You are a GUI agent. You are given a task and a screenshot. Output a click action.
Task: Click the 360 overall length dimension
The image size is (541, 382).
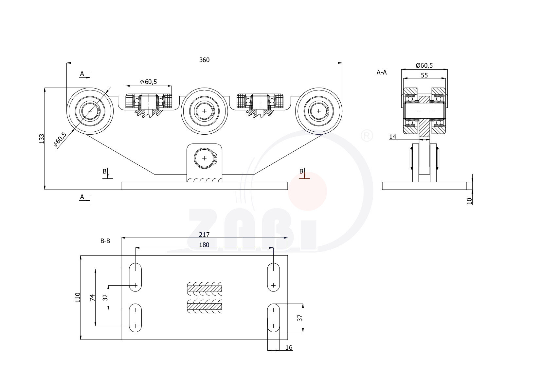pyautogui.click(x=204, y=60)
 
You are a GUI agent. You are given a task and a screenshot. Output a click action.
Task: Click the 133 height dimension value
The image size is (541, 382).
pyautogui.click(x=42, y=139)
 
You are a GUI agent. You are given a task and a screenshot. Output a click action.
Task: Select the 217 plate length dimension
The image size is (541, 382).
pyautogui.click(x=204, y=235)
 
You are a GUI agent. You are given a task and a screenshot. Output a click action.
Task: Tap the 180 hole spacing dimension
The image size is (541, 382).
pyautogui.click(x=204, y=245)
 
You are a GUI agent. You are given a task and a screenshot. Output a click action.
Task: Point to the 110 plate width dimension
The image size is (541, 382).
pyautogui.click(x=78, y=297)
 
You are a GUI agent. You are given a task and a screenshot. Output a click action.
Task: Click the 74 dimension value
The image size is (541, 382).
pyautogui.click(x=92, y=297)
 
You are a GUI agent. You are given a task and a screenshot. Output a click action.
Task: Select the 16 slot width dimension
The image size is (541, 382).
pyautogui.click(x=289, y=348)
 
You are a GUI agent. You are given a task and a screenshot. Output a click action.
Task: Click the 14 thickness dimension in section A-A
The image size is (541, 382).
pyautogui.click(x=393, y=137)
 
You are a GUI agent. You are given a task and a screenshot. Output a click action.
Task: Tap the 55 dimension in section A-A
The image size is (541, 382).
pyautogui.click(x=424, y=75)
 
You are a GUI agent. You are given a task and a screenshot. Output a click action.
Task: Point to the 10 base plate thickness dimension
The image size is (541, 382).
pyautogui.click(x=470, y=201)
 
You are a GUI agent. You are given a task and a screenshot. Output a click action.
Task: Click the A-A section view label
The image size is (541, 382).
pyautogui.click(x=382, y=73)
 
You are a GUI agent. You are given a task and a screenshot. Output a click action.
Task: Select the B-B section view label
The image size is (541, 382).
pyautogui.click(x=105, y=241)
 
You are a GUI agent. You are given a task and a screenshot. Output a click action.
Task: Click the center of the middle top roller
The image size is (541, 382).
pyautogui.click(x=204, y=111)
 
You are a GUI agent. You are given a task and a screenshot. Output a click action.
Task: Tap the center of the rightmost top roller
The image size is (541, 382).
pyautogui.click(x=319, y=111)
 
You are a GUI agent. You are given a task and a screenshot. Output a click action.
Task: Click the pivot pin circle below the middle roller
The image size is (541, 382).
pyautogui.click(x=204, y=158)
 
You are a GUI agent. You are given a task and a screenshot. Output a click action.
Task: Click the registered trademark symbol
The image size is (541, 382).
pyautogui.click(x=367, y=136)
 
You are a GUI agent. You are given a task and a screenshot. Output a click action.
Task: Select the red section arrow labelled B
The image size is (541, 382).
pyautogui.click(x=304, y=175)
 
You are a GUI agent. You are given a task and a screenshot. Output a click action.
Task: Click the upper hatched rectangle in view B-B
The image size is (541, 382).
pyautogui.click(x=204, y=289)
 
